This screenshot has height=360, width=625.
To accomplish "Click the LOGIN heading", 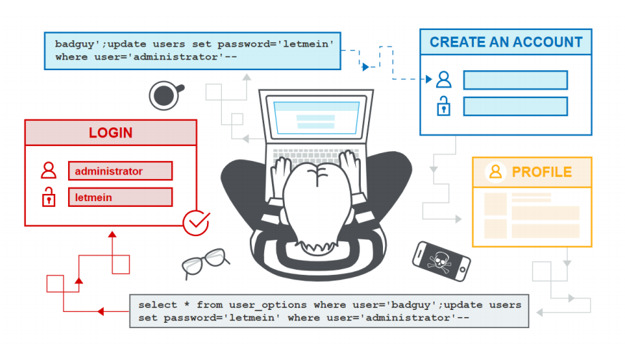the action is coord(110,133).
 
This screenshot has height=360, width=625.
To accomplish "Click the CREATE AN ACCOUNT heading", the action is coord(505,42).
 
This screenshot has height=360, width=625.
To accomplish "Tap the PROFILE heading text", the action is coord(541,172).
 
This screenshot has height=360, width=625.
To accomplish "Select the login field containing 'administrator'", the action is coord(120,171).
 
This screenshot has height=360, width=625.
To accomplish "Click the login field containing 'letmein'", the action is coord(120,197).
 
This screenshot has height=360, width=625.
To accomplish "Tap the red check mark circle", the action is coord(195,223).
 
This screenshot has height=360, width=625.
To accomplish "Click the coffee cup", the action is coord(165,94).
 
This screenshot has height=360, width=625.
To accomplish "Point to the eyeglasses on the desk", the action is coord(205,263).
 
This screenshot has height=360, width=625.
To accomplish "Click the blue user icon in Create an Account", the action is coord(444,79).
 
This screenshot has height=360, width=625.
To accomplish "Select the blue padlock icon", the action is coord(444,107).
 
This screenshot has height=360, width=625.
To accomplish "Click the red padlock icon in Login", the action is coord(49,196).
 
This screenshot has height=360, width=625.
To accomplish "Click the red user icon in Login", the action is coord(49,170).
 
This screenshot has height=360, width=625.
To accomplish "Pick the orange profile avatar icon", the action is coord(495,172).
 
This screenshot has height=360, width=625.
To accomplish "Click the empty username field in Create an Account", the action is coord(515,79).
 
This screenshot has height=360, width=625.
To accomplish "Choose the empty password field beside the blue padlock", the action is coord(515,107).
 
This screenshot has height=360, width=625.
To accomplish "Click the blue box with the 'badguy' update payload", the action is coord(192,50).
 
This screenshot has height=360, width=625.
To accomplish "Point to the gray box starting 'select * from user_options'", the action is coord(329,311).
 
